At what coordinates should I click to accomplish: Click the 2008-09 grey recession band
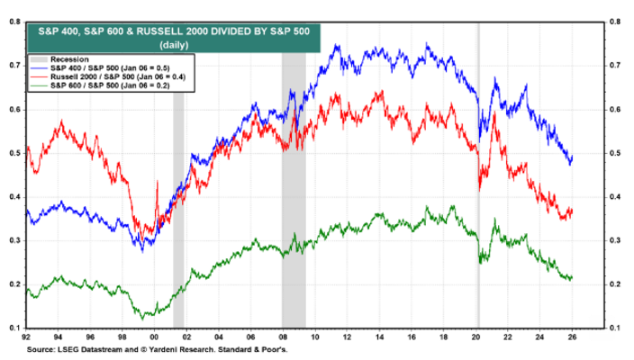point(294,180)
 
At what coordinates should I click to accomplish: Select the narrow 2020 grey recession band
point(477,180)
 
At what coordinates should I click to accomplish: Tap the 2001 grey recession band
point(178,180)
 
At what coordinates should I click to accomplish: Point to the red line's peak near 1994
point(61,121)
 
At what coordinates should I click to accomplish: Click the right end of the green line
point(572,277)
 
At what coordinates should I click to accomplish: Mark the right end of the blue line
point(572,157)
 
